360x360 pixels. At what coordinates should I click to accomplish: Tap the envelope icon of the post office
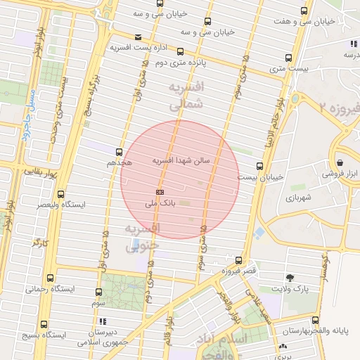(x=137, y=37)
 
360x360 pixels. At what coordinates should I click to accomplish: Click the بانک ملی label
(x=160, y=204)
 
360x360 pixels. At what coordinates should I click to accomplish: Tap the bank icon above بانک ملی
(x=160, y=192)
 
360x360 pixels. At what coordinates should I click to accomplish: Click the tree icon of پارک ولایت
(x=290, y=278)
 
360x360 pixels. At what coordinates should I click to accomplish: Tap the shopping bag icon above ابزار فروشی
(x=340, y=162)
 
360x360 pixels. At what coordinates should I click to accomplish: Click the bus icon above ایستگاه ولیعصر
(x=60, y=194)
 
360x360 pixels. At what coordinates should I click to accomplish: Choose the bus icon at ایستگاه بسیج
(x=44, y=324)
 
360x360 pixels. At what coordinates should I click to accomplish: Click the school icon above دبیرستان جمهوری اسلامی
(x=103, y=321)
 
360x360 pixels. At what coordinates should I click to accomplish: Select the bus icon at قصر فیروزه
(x=239, y=259)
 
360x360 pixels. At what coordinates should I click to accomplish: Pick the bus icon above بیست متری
(x=289, y=58)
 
